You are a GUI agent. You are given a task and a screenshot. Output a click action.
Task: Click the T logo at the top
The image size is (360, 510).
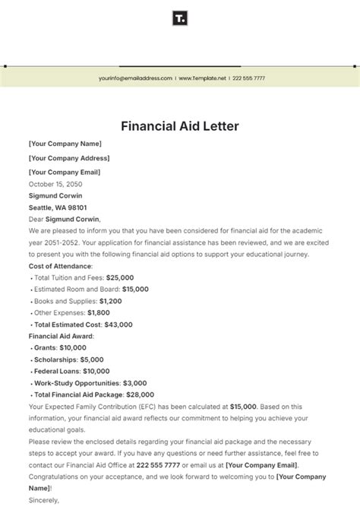pos(180,18)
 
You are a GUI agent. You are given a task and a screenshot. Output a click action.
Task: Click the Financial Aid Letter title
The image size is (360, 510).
pos(179,125)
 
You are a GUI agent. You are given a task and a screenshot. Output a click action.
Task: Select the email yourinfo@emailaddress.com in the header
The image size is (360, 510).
pos(135,78)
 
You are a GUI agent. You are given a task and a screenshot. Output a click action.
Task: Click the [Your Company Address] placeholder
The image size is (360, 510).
pos(68,158)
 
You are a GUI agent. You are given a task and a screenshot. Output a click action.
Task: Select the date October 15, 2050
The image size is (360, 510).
pos(55,184)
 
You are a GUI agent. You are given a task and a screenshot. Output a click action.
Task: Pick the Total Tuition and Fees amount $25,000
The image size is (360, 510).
pos(122,277)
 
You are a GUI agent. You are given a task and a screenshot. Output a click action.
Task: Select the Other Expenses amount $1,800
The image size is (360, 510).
pos(99,312)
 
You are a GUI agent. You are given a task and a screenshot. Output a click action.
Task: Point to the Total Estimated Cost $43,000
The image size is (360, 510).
pos(115,325)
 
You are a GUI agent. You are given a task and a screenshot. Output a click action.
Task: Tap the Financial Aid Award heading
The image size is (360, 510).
pos(60,336)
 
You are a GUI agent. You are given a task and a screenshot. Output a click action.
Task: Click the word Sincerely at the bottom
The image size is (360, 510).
pos(43,500)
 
